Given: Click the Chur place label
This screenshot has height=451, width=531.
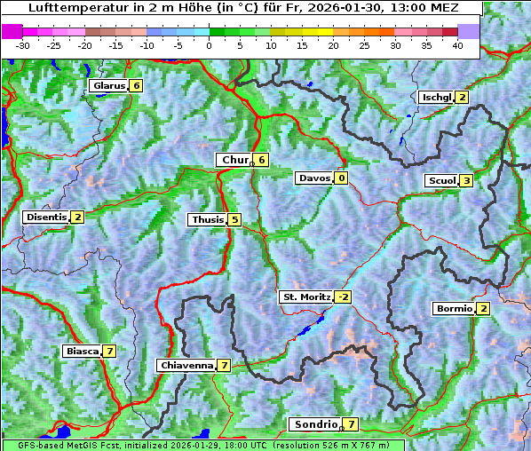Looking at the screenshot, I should [234, 160].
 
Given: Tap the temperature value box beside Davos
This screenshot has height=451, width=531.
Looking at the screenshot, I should [342, 178].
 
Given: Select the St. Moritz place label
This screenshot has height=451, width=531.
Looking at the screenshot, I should [305, 297].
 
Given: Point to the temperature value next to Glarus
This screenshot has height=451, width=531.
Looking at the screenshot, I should [136, 86].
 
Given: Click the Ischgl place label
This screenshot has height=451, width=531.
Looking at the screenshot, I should [437, 98].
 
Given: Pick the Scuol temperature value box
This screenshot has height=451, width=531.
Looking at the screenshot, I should [466, 181].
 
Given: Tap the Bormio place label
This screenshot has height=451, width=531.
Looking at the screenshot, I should [453, 309].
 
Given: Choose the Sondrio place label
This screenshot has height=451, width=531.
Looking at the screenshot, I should [315, 425].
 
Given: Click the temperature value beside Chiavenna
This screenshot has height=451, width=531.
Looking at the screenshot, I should [225, 366].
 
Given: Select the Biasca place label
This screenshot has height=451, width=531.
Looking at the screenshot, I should [82, 352].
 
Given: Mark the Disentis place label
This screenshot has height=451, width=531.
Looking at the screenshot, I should [45, 218].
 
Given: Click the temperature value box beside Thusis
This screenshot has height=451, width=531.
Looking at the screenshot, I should [234, 220].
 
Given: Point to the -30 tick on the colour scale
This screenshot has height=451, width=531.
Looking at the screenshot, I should [23, 45].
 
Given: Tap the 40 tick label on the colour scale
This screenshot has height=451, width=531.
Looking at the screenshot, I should [457, 45].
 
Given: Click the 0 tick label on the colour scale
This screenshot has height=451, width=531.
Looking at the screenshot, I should [209, 45].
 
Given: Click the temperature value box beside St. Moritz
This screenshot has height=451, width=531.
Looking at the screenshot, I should [343, 297].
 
